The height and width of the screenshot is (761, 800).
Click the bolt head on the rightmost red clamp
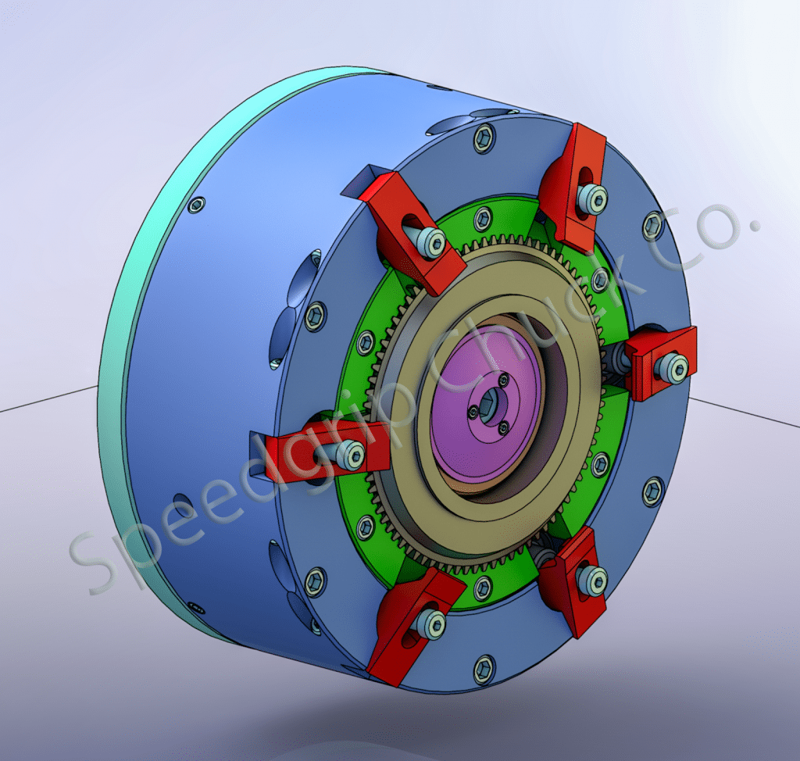(x=673, y=367)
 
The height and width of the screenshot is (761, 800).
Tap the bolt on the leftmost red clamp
(x=351, y=455)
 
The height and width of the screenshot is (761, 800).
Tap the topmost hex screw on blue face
(x=483, y=140)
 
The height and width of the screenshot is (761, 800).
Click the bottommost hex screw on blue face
(x=484, y=669)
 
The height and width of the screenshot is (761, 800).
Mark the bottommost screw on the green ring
(x=483, y=584)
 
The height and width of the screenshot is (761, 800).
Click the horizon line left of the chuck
(x=47, y=399)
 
